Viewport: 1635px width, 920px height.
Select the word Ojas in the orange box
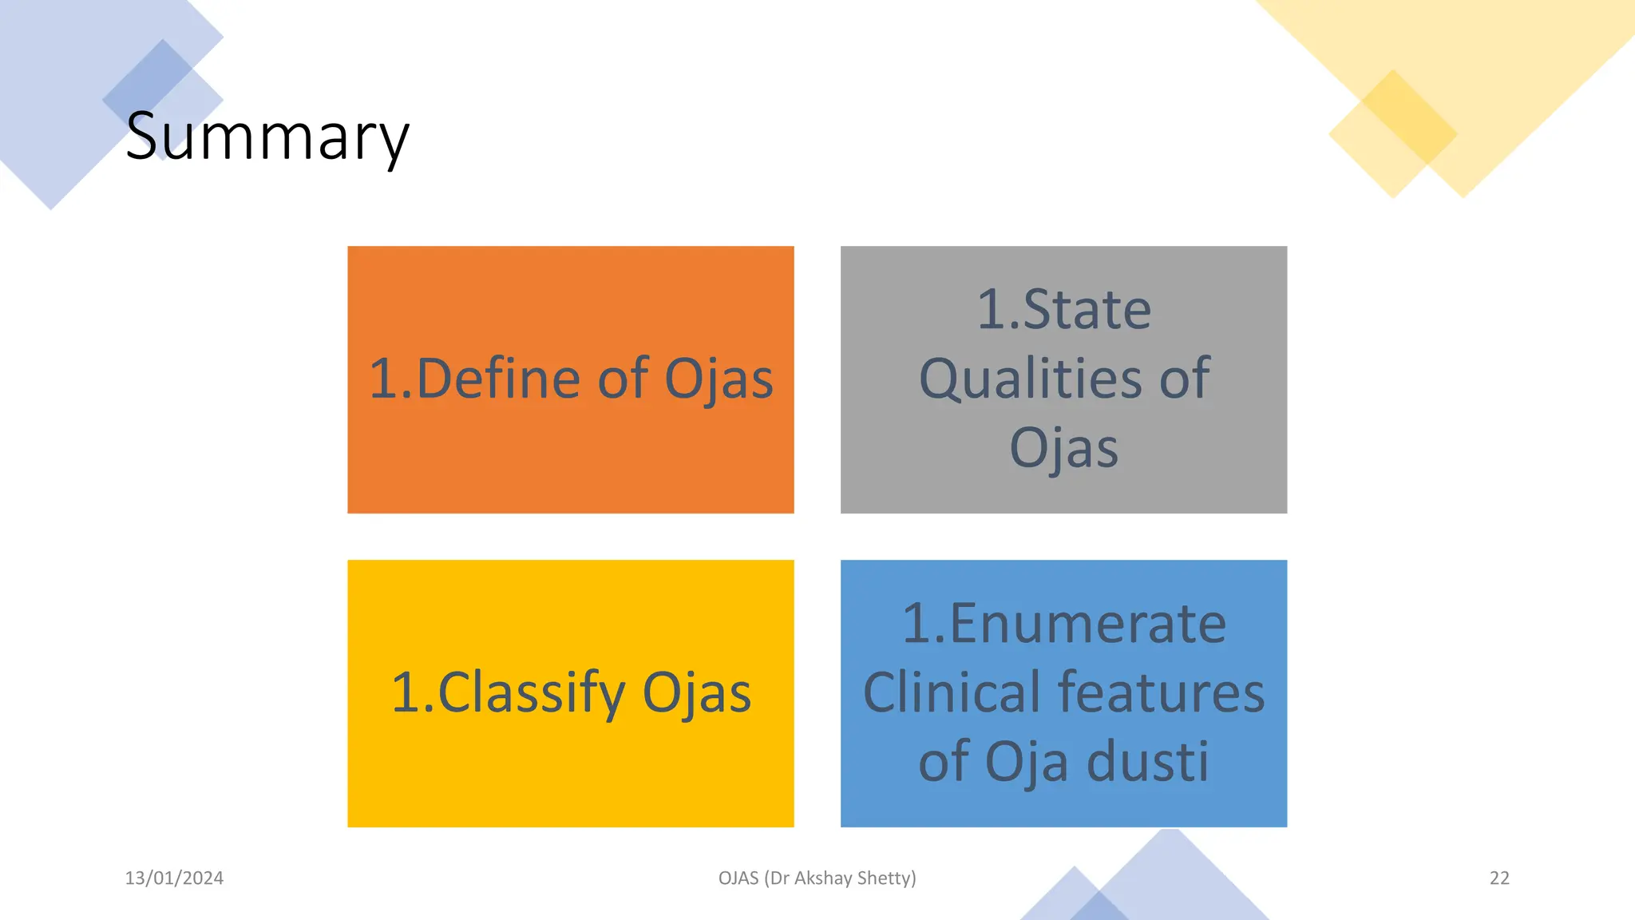click(x=719, y=379)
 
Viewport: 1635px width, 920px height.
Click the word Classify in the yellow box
click(x=531, y=692)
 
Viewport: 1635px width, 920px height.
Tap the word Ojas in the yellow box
click(x=696, y=692)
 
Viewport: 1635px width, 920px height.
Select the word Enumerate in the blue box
click(x=1087, y=624)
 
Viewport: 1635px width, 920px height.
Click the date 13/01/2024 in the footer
click(x=174, y=878)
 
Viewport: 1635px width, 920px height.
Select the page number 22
click(x=1499, y=878)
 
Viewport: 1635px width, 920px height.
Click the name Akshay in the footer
click(x=823, y=878)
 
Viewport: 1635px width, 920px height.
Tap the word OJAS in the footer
click(x=738, y=878)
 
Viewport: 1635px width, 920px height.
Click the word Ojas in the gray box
click(x=1063, y=448)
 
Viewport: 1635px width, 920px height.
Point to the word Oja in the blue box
click(x=1026, y=761)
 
